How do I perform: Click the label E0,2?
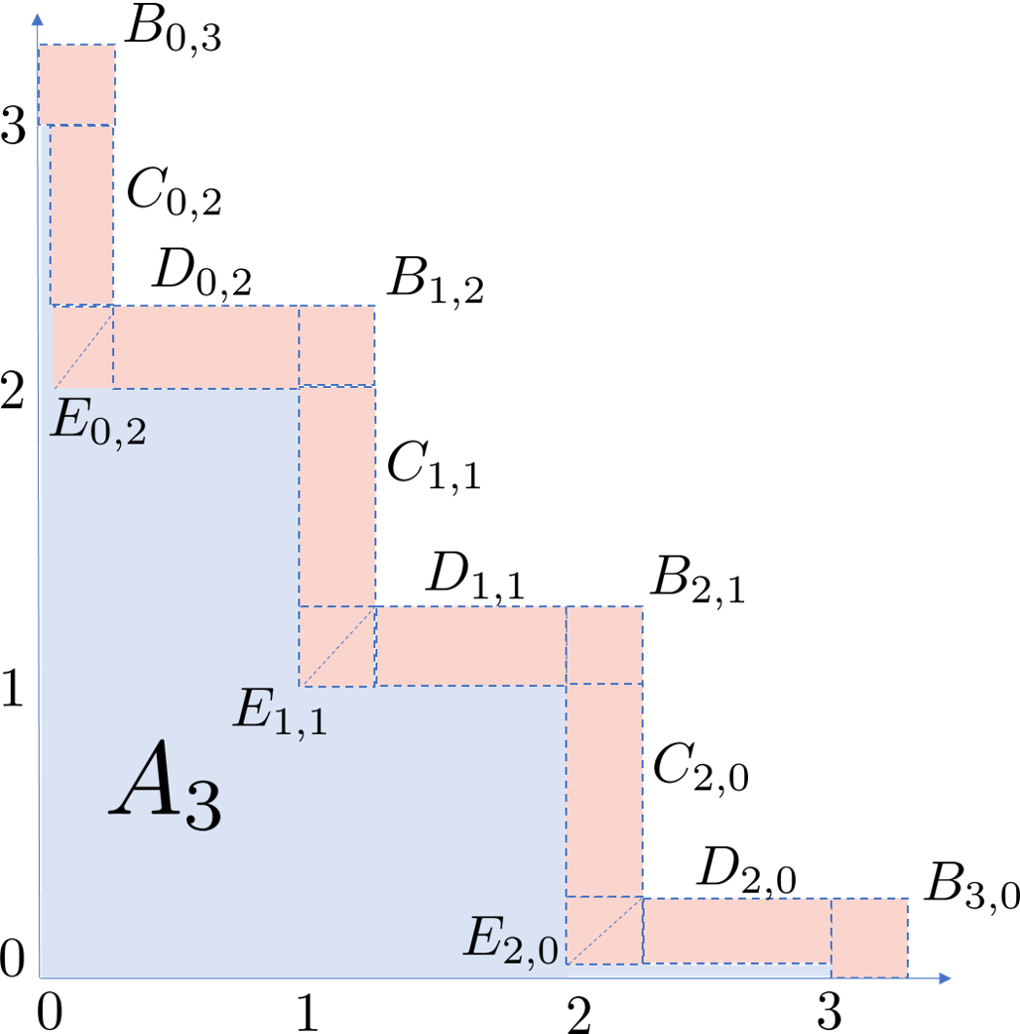[x=98, y=426]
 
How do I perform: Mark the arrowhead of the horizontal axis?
[x=943, y=977]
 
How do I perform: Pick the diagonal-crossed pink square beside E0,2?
[x=83, y=347]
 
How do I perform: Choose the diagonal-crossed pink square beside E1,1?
[x=337, y=646]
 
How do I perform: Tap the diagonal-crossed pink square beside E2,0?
[x=605, y=930]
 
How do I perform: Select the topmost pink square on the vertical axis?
[x=77, y=85]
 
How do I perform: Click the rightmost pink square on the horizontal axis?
[x=869, y=938]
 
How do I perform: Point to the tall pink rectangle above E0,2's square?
[x=82, y=214]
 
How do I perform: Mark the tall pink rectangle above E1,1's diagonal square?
[x=337, y=496]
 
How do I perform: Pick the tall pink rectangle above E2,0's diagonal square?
[x=605, y=790]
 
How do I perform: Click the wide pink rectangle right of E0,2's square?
[x=206, y=346]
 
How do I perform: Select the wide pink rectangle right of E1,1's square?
[x=471, y=646]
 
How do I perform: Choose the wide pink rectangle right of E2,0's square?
[x=737, y=931]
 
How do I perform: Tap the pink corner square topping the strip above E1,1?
[x=337, y=346]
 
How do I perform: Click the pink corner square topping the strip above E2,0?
[x=605, y=645]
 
